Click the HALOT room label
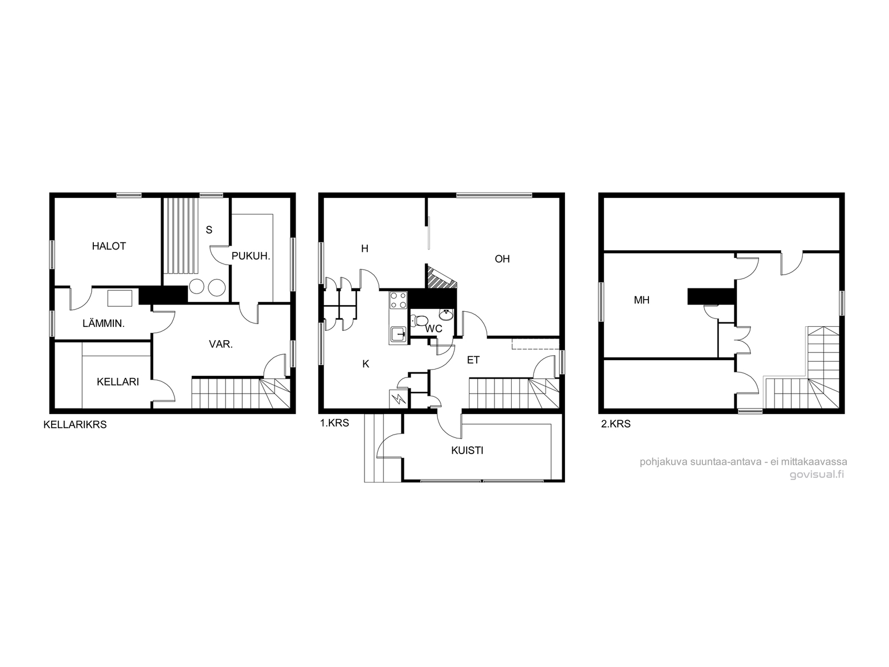pos(108,246)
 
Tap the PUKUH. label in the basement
pos(251,256)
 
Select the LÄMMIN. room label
pos(103,323)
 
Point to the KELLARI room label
pos(118,381)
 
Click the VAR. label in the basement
pos(221,344)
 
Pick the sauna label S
pos(209,230)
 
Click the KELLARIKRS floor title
pos(75,425)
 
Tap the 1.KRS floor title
pos(334,423)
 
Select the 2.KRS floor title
pos(616,424)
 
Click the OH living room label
pos(502,259)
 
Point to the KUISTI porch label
pos(467,450)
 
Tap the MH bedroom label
pos(642,300)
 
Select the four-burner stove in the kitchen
pos(398,300)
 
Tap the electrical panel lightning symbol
pos(399,399)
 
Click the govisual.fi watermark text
pos(817,475)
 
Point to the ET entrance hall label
pos(473,360)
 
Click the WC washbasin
pos(446,315)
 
